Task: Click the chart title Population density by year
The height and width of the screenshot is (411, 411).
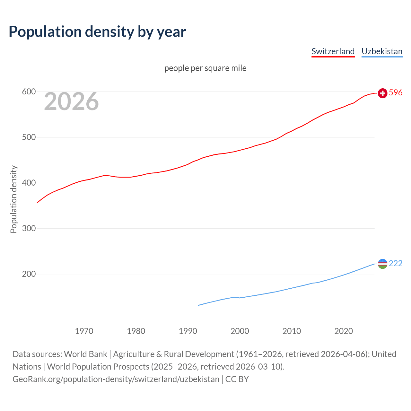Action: (97, 32)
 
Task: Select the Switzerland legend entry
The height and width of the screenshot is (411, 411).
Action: (333, 51)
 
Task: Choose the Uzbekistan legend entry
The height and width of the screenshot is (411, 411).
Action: (382, 51)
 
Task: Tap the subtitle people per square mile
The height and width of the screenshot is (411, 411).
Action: (205, 68)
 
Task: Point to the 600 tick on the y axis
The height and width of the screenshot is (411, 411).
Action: (29, 92)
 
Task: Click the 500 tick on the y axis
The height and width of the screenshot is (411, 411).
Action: (29, 137)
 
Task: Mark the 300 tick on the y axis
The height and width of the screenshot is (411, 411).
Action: (29, 229)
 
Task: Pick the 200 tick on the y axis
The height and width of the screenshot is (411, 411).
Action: (29, 274)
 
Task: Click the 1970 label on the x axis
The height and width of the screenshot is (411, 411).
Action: (84, 331)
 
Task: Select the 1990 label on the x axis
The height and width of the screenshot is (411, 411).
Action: (188, 331)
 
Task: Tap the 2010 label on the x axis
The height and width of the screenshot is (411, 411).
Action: (292, 331)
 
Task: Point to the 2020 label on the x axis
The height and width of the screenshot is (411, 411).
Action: (344, 331)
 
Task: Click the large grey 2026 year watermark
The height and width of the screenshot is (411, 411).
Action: (71, 101)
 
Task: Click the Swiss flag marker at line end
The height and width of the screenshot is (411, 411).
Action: (382, 93)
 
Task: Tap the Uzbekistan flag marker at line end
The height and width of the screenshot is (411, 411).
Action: (382, 264)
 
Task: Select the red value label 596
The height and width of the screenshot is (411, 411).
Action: (396, 93)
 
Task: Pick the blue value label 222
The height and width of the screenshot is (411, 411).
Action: (396, 264)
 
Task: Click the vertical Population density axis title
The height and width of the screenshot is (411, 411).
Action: (13, 199)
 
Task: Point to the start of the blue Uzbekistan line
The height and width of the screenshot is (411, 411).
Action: (198, 305)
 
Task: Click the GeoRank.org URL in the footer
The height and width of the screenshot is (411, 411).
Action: (116, 379)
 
